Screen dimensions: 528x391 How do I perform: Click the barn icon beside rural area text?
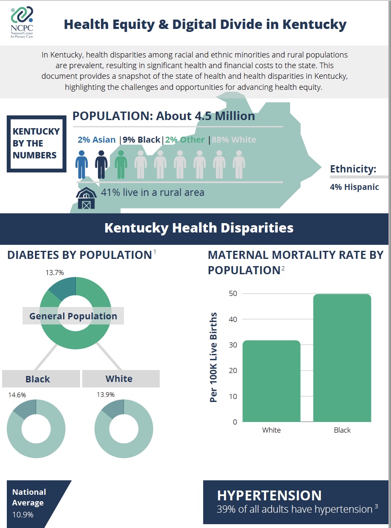pyautogui.click(x=86, y=198)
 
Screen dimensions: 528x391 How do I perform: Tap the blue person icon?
pyautogui.click(x=81, y=164)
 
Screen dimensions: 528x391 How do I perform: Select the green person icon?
pyautogui.click(x=121, y=164)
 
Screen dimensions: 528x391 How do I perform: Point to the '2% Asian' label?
pyautogui.click(x=96, y=140)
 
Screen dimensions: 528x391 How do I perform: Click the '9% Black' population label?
pyautogui.click(x=141, y=140)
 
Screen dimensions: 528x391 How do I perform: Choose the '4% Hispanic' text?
pyautogui.click(x=354, y=187)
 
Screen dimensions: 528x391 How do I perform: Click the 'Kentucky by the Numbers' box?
pyautogui.click(x=36, y=143)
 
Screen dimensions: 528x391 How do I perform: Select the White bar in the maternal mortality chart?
pyautogui.click(x=271, y=381)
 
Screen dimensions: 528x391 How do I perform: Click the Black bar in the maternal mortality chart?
pyautogui.click(x=342, y=358)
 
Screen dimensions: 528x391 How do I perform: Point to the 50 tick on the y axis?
pyautogui.click(x=233, y=293)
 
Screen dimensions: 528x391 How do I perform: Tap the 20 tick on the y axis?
pyautogui.click(x=233, y=370)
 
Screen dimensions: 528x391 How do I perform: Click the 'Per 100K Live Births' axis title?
pyautogui.click(x=214, y=357)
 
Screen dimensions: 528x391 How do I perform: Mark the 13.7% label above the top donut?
pyautogui.click(x=55, y=273)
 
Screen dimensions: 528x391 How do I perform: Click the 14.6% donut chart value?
pyautogui.click(x=17, y=395)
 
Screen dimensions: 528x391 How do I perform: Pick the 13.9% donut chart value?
pyautogui.click(x=105, y=395)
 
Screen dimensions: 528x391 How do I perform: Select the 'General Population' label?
pyautogui.click(x=73, y=316)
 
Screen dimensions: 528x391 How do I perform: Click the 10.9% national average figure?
pyautogui.click(x=23, y=514)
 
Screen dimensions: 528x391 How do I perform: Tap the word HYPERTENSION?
pyautogui.click(x=269, y=496)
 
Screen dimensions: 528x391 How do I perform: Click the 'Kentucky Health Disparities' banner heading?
pyautogui.click(x=198, y=228)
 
